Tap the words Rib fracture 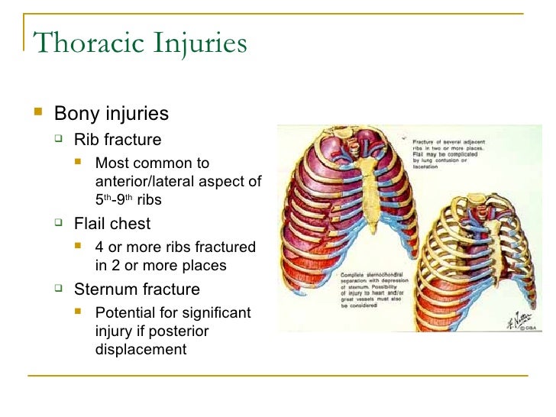[118, 139]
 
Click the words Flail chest [112, 224]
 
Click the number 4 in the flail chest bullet [99, 247]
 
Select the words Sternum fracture [137, 289]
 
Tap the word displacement [141, 349]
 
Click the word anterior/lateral [139, 180]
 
